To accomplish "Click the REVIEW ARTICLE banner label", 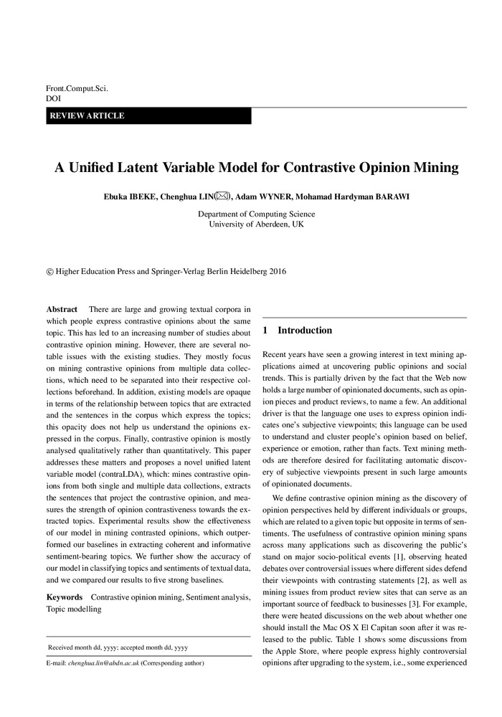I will tap(86, 116).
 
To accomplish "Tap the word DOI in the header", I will tap(53, 100).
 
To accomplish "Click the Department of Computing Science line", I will tap(256, 214).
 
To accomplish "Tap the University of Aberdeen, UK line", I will tap(256, 224).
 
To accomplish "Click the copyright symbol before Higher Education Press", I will tap(49, 272).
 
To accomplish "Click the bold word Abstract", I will tap(62, 308).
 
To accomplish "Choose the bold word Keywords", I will tap(64, 597).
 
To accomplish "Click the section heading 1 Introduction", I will tap(298, 331).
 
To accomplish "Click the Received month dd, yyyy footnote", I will tap(118, 647).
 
